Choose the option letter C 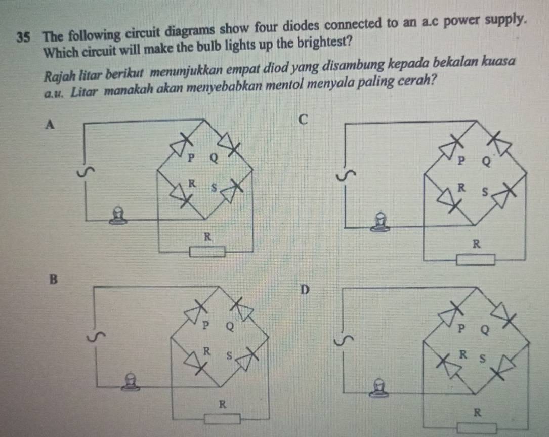(303, 120)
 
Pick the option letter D (304, 290)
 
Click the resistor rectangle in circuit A (207, 251)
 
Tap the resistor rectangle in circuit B (222, 419)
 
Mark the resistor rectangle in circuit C (476, 260)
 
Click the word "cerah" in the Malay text (416, 80)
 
